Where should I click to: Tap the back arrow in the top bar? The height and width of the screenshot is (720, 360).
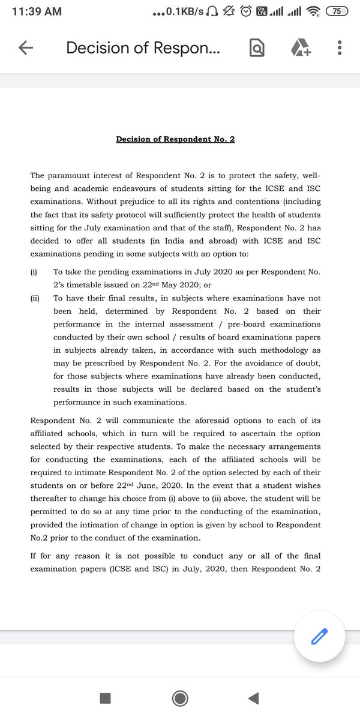(26, 49)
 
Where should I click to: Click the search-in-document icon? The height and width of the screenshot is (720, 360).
(257, 49)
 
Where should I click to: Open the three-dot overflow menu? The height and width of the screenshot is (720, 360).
(340, 49)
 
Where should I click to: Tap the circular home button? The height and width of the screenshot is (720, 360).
(179, 698)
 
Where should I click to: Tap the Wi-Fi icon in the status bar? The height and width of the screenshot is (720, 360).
(312, 11)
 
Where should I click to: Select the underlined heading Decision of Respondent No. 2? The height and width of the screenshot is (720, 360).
(175, 139)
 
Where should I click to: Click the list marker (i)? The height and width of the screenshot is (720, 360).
(34, 272)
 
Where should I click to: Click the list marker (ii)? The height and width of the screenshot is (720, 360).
(35, 298)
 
